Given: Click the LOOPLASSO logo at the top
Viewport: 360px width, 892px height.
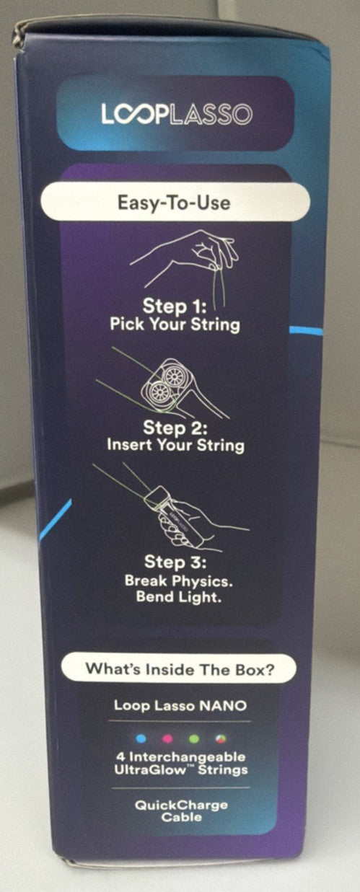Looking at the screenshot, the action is point(177,114).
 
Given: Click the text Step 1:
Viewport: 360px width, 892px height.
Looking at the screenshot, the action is point(175,306).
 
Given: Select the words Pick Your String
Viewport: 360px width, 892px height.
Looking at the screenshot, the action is point(175,324).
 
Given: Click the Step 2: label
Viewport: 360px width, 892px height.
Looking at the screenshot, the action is point(175,428).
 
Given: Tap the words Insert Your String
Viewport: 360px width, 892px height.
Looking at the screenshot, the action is point(175,445).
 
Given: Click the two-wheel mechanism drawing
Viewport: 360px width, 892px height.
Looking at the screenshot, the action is point(163,384).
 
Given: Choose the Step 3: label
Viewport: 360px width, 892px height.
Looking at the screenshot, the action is point(175,562).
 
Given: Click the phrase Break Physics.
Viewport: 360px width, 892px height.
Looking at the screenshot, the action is point(178,580).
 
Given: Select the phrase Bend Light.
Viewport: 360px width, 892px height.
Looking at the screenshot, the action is point(178,597).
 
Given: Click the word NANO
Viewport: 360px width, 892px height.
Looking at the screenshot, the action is point(223,706).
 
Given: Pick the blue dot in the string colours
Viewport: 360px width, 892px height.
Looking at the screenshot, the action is point(141,738).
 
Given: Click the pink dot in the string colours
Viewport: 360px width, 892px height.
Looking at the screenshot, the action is point(167,738).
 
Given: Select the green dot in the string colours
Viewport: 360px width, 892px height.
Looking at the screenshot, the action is point(194,738).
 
